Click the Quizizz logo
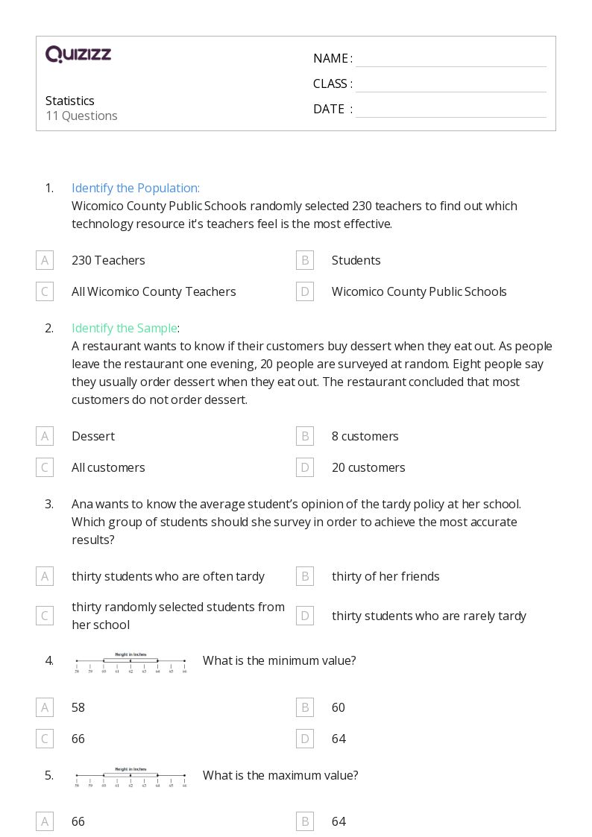pyautogui.click(x=78, y=54)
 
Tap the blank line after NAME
pyautogui.click(x=450, y=60)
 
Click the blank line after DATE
pyautogui.click(x=450, y=110)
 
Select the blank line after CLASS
pyautogui.click(x=450, y=85)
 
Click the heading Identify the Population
pyautogui.click(x=135, y=188)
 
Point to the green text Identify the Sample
pyautogui.click(x=125, y=328)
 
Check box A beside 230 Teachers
pyautogui.click(x=45, y=260)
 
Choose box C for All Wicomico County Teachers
pyautogui.click(x=45, y=291)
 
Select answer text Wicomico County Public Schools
pyautogui.click(x=418, y=291)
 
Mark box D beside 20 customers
pyautogui.click(x=304, y=467)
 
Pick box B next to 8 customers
pyautogui.click(x=304, y=436)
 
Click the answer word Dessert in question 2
pyautogui.click(x=92, y=436)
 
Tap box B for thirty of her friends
pyautogui.click(x=304, y=576)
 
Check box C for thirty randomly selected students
pyautogui.click(x=45, y=616)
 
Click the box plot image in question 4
pyautogui.click(x=130, y=662)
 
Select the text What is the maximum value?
pyautogui.click(x=280, y=775)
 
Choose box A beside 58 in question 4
pyautogui.click(x=45, y=707)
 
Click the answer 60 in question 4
pyautogui.click(x=338, y=707)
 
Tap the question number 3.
pyautogui.click(x=49, y=504)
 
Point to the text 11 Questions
pyautogui.click(x=81, y=116)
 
